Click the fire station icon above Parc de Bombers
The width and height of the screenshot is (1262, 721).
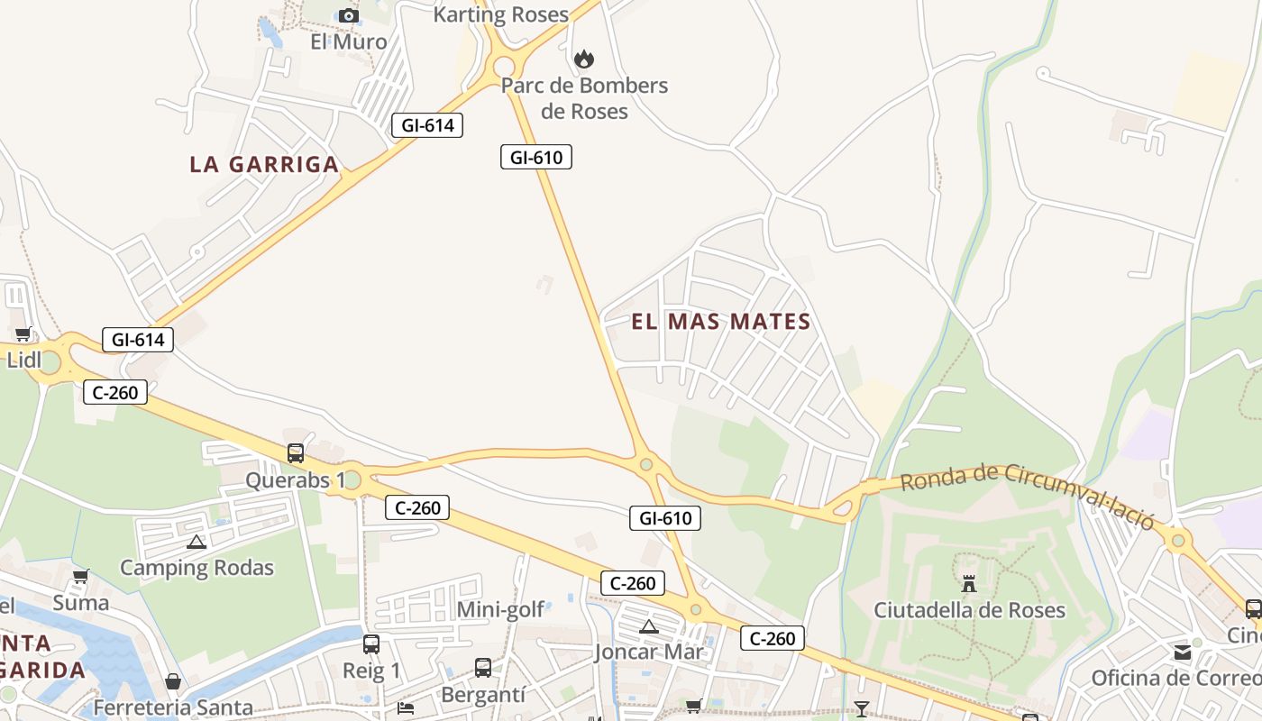[584, 59]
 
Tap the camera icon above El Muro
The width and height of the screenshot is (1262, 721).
[349, 15]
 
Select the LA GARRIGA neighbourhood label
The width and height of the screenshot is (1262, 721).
[264, 164]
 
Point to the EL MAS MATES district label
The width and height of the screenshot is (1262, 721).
[721, 322]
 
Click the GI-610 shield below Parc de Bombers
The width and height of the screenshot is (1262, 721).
[536, 157]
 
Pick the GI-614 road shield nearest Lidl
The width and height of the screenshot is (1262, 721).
[138, 340]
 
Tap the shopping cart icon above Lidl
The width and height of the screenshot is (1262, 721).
[23, 334]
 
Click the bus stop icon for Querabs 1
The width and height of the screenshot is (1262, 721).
[296, 453]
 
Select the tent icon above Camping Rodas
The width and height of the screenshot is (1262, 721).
[197, 542]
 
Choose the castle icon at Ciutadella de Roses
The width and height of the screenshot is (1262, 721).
[969, 583]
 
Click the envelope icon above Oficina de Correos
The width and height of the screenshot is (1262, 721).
[1182, 652]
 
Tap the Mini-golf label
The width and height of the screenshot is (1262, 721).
[500, 610]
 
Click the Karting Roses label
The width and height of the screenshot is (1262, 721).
[501, 14]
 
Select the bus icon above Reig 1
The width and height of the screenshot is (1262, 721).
[371, 644]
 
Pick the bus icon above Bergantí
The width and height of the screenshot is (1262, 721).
[483, 668]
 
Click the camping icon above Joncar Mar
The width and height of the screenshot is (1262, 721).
[648, 626]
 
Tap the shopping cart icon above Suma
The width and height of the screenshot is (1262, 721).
[80, 576]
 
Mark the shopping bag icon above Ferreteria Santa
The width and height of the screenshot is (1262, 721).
[173, 681]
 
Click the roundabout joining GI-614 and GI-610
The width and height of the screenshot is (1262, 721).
[503, 67]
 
